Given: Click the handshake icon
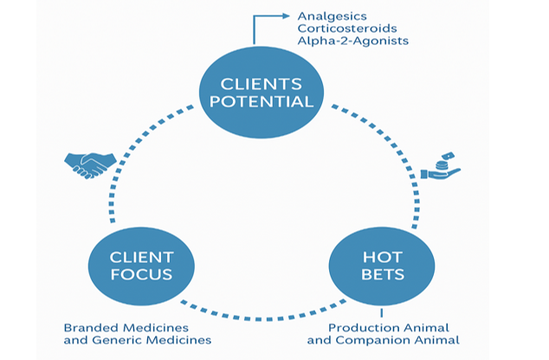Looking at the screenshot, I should [x=91, y=163].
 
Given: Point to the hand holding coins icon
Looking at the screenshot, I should [x=441, y=166].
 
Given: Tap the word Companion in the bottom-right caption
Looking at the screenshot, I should [x=392, y=340].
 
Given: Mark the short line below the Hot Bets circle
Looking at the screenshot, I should [x=380, y=314].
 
